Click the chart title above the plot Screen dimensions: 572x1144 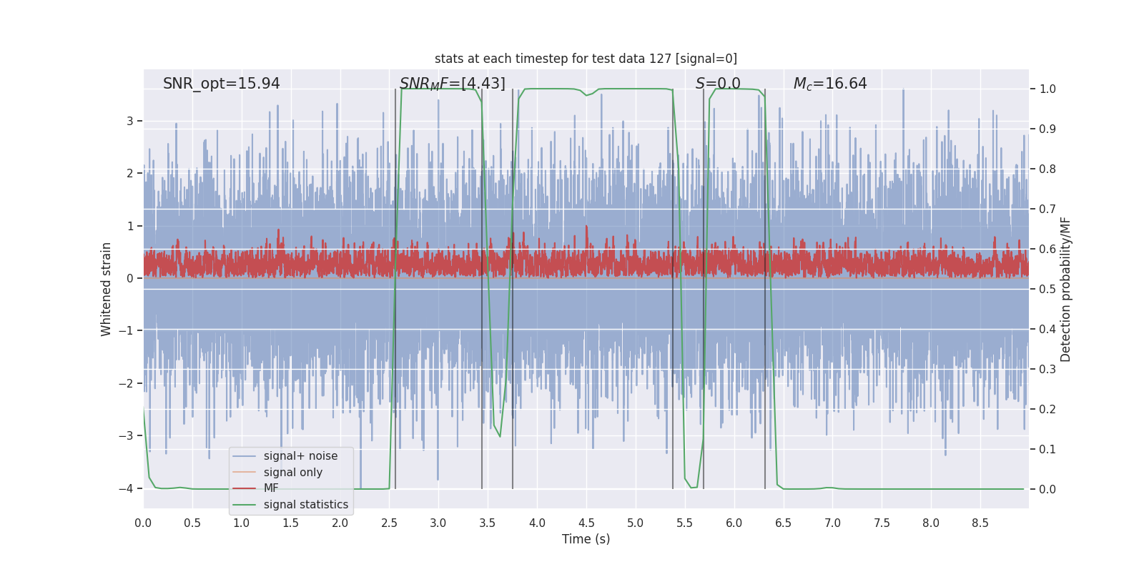[x=586, y=59]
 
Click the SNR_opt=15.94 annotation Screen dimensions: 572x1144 [x=222, y=84]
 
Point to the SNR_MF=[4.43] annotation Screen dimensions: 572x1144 [x=452, y=84]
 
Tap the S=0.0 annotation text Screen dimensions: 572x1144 [x=718, y=84]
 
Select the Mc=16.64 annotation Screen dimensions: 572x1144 [x=830, y=84]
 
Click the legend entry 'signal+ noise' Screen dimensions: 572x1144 [x=300, y=456]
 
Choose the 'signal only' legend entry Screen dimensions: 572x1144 [x=292, y=473]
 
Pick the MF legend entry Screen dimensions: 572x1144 [x=271, y=488]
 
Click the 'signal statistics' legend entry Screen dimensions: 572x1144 [x=306, y=505]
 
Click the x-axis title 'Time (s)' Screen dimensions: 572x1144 [x=586, y=539]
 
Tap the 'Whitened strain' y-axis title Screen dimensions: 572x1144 [x=107, y=290]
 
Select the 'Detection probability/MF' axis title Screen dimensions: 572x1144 [x=1065, y=290]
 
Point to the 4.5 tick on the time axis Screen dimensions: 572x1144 [x=586, y=523]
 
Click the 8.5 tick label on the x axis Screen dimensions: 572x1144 [x=980, y=523]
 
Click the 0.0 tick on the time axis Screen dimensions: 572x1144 [x=143, y=523]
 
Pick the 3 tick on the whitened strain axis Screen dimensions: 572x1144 [x=130, y=121]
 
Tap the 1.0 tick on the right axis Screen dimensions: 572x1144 [x=1047, y=89]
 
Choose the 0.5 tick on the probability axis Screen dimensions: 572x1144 [x=1047, y=290]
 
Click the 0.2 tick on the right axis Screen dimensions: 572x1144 [x=1047, y=410]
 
